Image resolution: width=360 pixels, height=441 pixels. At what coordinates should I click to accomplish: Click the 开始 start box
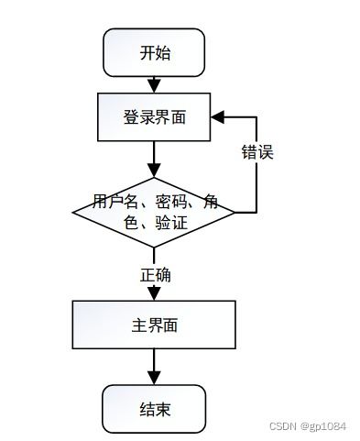154,52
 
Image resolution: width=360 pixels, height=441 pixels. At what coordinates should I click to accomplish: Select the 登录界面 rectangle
154,117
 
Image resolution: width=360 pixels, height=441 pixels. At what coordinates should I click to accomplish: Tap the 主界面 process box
154,325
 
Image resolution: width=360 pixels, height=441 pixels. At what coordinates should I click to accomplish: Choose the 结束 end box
154,408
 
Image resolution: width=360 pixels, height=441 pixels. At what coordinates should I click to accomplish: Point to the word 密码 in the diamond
169,203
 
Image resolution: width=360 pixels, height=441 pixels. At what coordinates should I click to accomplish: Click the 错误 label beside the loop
257,152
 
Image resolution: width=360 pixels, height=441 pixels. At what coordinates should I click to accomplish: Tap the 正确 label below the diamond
155,274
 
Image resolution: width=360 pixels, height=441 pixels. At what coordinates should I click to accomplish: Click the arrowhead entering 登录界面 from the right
218,118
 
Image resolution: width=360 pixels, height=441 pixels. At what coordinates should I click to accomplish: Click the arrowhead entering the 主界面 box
154,296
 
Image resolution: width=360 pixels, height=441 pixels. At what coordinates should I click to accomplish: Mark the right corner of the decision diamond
235,213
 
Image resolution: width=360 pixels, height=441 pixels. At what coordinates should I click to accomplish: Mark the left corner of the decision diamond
73,213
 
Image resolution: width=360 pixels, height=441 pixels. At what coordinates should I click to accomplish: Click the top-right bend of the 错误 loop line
256,118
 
